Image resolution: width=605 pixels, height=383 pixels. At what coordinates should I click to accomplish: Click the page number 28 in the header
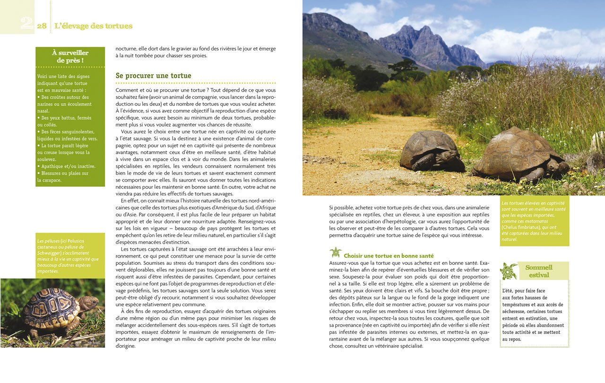tap(42, 26)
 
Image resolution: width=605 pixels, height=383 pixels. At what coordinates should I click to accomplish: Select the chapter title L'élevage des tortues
tap(94, 26)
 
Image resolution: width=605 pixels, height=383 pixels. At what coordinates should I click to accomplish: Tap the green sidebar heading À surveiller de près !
tap(70, 57)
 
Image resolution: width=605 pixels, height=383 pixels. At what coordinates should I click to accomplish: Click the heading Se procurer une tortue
tap(154, 76)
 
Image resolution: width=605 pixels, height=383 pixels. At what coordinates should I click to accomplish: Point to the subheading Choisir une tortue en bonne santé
tap(389, 256)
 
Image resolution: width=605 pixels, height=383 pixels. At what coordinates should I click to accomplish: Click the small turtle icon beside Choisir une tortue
tap(336, 252)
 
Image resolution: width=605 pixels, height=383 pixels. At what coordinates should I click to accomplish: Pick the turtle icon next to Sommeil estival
tap(509, 271)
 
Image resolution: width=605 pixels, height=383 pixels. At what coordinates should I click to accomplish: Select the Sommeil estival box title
tap(539, 271)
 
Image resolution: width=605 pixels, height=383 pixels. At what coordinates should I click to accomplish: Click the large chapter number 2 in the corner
tap(26, 23)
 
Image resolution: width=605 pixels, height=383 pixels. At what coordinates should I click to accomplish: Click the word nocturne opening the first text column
tap(127, 49)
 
